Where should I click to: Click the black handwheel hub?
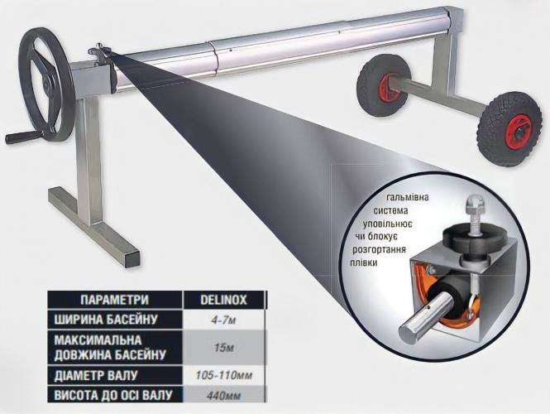[x=47, y=84]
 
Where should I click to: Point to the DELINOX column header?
[x=223, y=300]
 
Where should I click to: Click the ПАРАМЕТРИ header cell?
[x=115, y=300]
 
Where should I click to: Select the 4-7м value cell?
[x=223, y=320]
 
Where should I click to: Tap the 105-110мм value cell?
[x=223, y=375]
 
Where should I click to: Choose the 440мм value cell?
[x=223, y=395]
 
